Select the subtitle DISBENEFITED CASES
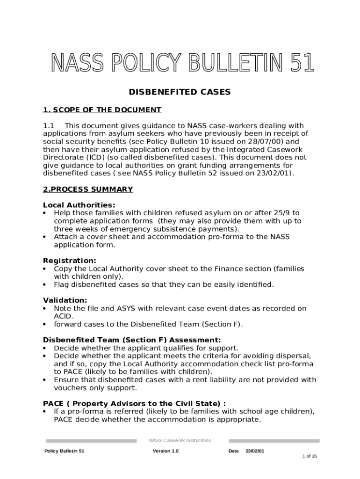coord(180,92)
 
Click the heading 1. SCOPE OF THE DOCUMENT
coord(102,110)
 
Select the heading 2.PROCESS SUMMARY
coord(88,189)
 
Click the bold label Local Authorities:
coord(79,205)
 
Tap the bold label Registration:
coord(70,261)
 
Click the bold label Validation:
coord(65,300)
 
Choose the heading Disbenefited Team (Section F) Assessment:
coord(132,340)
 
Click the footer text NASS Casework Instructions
coord(180,440)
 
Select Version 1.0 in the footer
coord(166,451)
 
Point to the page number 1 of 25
coord(310,456)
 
